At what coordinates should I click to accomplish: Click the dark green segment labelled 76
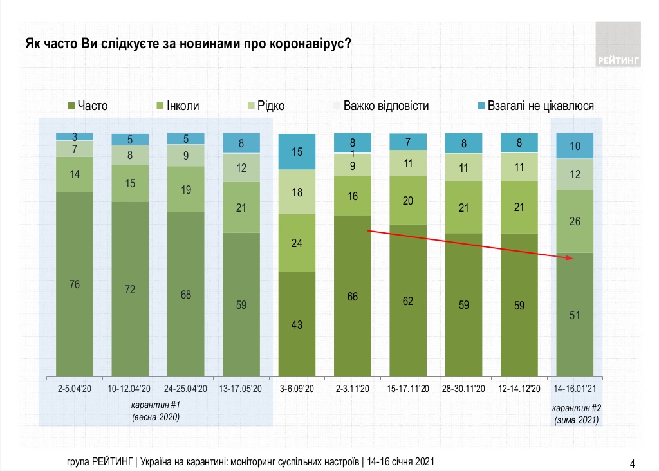tap(75, 284)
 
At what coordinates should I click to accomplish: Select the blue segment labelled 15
tap(297, 152)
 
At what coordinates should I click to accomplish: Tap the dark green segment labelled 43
tap(297, 324)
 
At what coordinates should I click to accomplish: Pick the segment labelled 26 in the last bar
tap(575, 221)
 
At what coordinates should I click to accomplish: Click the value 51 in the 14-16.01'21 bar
tap(575, 315)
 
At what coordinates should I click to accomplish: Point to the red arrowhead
tap(570, 258)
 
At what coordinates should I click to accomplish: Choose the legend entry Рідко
tap(265, 106)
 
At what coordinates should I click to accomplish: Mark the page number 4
tap(632, 463)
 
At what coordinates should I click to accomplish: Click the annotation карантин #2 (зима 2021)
tap(576, 414)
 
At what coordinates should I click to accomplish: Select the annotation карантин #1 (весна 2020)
tap(155, 412)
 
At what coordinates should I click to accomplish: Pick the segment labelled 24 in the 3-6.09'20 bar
tap(297, 243)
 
